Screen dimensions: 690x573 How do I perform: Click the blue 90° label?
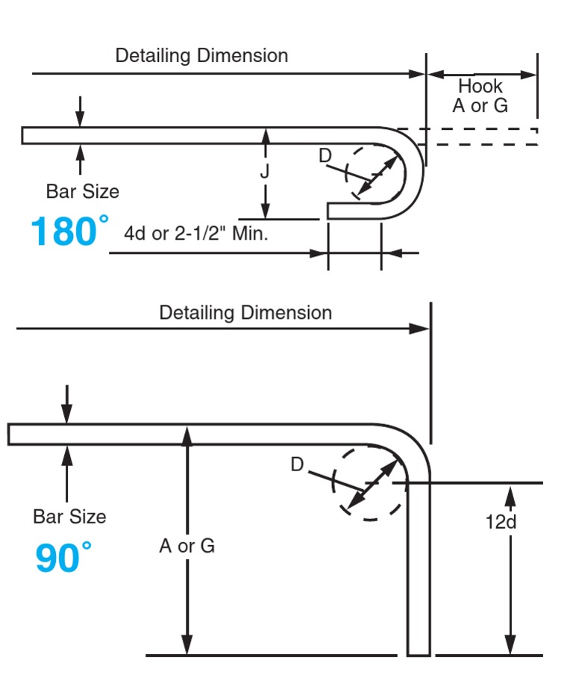[x=63, y=558]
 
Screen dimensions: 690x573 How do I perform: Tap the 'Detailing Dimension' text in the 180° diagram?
[x=201, y=56]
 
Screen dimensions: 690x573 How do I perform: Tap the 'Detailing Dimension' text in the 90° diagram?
[x=245, y=312]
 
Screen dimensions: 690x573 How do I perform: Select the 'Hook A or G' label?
[x=480, y=96]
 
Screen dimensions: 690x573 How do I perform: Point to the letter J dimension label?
[x=264, y=172]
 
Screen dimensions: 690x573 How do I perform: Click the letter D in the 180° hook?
[x=325, y=156]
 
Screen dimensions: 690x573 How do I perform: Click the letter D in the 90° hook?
[x=297, y=464]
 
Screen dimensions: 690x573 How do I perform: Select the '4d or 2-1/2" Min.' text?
[x=196, y=233]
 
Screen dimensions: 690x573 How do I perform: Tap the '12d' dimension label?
[x=501, y=521]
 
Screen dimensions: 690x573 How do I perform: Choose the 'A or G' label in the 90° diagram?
[x=187, y=546]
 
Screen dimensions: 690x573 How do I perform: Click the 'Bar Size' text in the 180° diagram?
[x=82, y=191]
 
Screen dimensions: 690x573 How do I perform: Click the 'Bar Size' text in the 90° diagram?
[x=69, y=516]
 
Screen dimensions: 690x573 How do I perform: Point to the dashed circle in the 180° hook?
[x=374, y=172]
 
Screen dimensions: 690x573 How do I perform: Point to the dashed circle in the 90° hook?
[x=369, y=482]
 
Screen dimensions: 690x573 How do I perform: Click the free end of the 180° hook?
[x=331, y=211]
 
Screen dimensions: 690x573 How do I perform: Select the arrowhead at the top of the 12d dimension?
[x=510, y=494]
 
